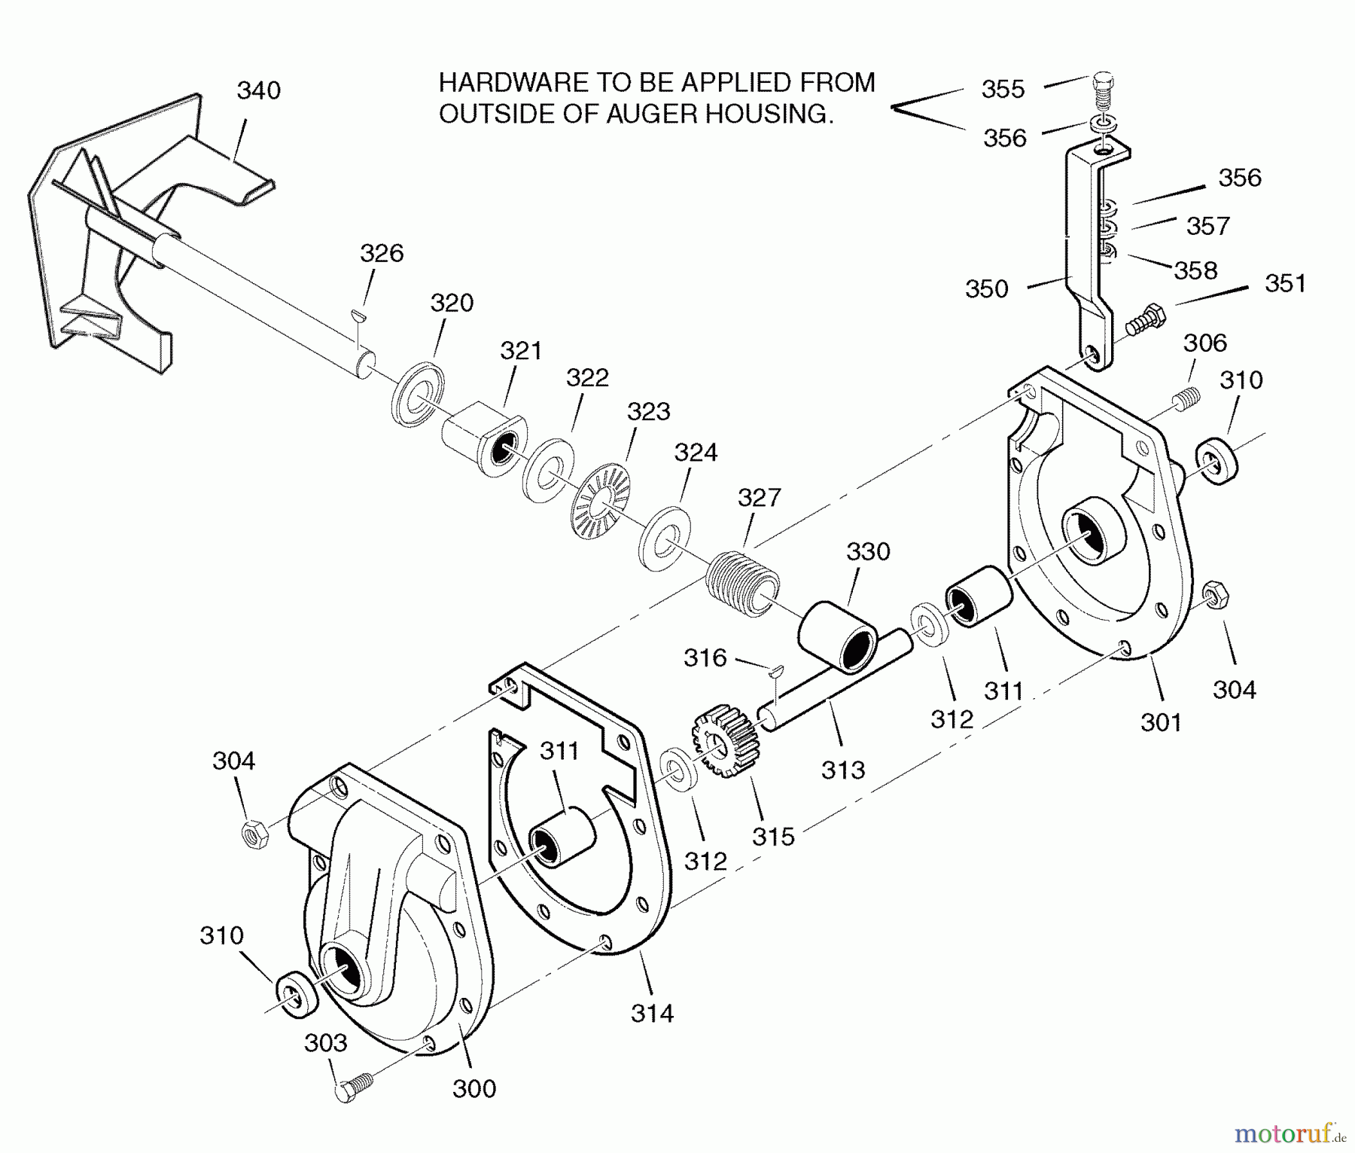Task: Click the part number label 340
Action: coord(258,90)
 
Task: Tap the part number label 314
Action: coord(652,1013)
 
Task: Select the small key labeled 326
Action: coord(361,316)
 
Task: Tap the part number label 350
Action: coord(986,289)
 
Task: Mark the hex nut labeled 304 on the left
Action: coord(254,834)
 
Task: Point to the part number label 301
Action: coord(1161,722)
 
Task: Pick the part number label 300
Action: coord(474,1088)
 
